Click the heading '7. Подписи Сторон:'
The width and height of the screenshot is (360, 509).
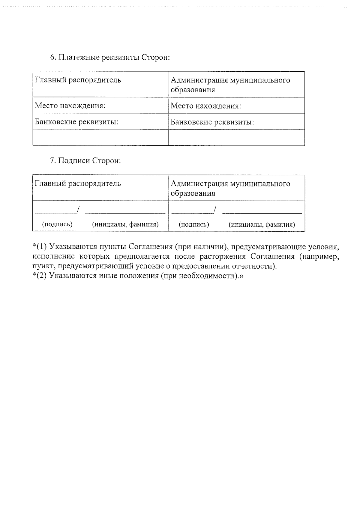[x=85, y=161]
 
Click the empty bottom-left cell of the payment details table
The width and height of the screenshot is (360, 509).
[x=100, y=138]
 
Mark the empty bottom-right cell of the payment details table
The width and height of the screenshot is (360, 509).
[x=236, y=138]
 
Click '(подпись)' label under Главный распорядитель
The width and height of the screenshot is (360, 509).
[x=57, y=224]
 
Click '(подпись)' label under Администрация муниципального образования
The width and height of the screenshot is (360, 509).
[x=194, y=225]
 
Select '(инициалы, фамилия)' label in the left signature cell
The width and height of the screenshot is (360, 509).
[x=125, y=224]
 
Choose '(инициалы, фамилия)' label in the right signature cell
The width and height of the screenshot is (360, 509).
[x=262, y=225]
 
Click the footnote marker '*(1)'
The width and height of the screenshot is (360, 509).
[x=40, y=247]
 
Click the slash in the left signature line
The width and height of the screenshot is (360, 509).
[x=78, y=209]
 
